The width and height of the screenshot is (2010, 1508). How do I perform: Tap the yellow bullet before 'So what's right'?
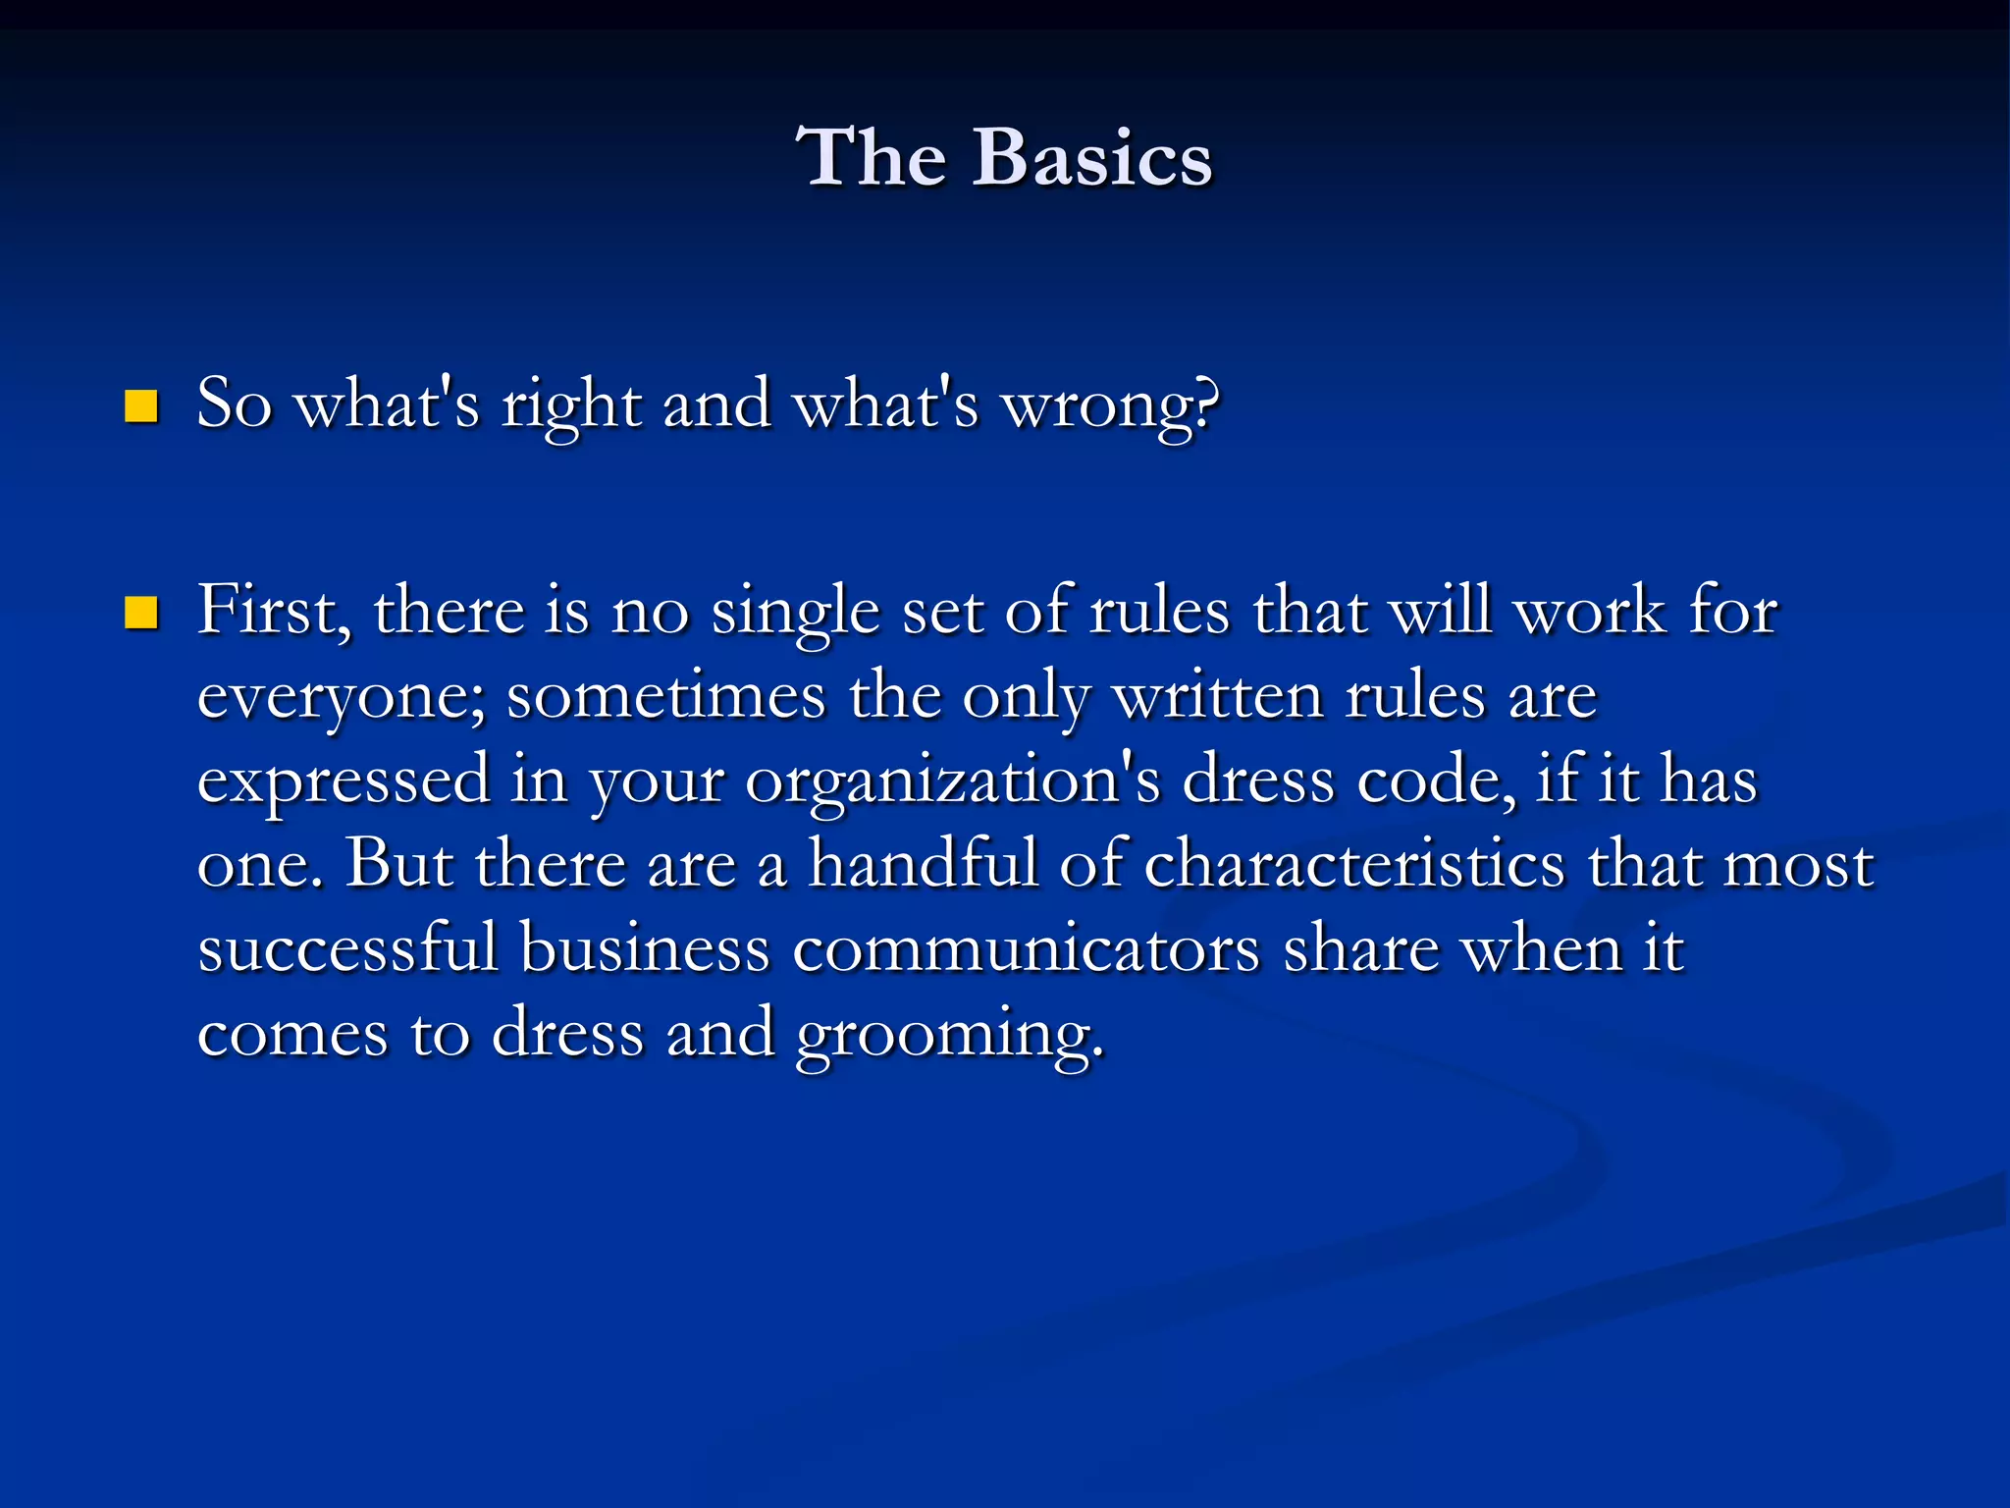pyautogui.click(x=141, y=405)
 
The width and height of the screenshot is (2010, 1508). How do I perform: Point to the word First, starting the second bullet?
pyautogui.click(x=274, y=612)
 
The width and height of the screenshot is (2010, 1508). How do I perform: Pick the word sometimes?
pyautogui.click(x=666, y=696)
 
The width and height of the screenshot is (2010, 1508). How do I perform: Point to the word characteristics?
pyautogui.click(x=1353, y=865)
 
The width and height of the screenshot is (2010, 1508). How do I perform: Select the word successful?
pyautogui.click(x=347, y=949)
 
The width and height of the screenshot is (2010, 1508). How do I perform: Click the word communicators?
pyautogui.click(x=1026, y=950)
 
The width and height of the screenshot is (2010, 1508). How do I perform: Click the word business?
pyautogui.click(x=644, y=949)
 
